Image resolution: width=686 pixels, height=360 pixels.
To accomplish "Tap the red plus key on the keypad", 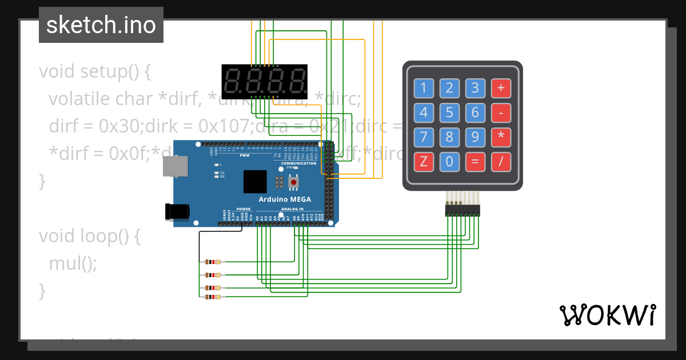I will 501,88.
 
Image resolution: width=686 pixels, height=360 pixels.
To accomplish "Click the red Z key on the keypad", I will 424,161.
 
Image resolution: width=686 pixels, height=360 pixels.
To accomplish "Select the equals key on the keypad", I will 475,161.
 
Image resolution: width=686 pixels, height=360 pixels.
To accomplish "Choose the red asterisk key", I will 501,137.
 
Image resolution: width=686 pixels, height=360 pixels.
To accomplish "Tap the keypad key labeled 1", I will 424,88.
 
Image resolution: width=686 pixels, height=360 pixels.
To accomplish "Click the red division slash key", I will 501,161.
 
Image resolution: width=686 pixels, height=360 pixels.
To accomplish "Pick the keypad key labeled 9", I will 475,137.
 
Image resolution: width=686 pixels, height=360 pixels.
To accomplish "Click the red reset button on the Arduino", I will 294,182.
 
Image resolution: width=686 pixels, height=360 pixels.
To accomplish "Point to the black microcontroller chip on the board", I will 255,182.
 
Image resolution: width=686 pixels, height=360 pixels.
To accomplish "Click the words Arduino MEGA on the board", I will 285,199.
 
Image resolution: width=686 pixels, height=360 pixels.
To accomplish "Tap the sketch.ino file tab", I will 101,25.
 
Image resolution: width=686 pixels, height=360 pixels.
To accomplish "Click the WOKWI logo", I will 607,315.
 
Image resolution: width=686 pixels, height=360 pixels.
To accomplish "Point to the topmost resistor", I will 212,262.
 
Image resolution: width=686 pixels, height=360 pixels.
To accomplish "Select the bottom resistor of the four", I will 212,297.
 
